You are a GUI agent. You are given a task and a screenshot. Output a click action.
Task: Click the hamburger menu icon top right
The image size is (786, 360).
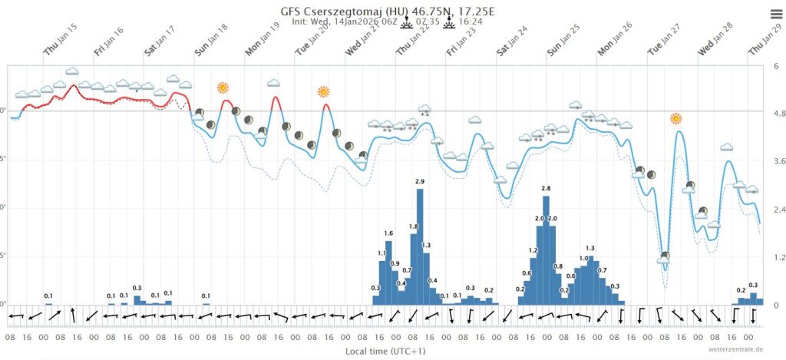[775, 13]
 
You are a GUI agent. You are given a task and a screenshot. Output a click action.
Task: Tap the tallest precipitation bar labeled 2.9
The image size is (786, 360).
[420, 246]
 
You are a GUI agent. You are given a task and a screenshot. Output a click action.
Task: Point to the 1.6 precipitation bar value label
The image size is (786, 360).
[388, 233]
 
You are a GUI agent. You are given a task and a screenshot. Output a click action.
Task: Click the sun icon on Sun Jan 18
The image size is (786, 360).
[223, 88]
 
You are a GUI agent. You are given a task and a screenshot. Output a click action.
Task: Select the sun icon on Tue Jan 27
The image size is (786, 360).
[675, 118]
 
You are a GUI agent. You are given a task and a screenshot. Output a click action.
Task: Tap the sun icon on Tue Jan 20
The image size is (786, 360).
[323, 92]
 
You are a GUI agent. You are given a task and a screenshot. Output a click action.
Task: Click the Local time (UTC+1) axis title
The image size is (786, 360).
[388, 351]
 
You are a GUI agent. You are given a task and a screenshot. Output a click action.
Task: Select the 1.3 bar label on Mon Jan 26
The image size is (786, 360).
[590, 248]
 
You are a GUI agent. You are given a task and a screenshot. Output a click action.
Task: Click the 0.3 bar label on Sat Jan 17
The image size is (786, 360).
[137, 289]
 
